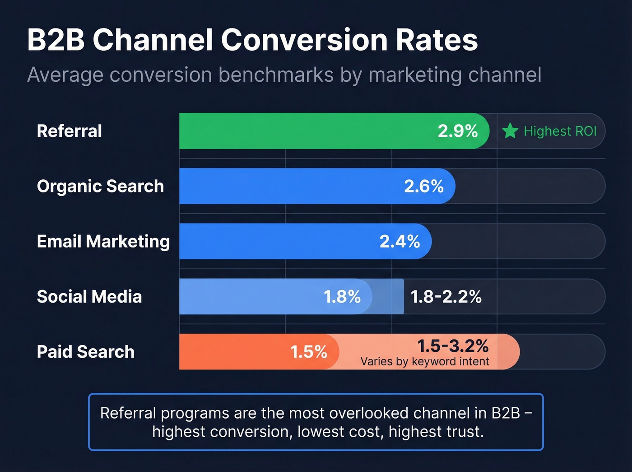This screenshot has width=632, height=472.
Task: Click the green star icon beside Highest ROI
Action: (510, 131)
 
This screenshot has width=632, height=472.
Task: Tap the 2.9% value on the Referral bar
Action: (457, 131)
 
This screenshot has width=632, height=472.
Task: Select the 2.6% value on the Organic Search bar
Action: (423, 186)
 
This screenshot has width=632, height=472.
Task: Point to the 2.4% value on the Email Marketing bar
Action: (400, 241)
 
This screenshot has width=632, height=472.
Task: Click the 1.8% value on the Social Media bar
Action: (342, 297)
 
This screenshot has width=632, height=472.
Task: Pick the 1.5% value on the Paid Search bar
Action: (309, 352)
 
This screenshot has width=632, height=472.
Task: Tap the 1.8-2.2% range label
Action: (446, 297)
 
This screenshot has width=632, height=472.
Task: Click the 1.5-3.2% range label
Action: (453, 346)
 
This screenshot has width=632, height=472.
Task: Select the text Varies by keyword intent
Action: (424, 361)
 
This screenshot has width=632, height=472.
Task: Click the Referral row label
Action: (70, 131)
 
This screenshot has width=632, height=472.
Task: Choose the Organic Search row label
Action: (100, 186)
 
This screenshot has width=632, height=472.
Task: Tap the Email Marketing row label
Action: (103, 242)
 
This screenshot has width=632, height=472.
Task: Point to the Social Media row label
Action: (89, 297)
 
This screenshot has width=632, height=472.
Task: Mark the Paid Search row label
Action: (86, 352)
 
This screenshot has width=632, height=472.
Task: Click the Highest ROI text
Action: (560, 131)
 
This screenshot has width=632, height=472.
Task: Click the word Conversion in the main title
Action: (304, 40)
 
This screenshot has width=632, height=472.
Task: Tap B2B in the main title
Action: (56, 40)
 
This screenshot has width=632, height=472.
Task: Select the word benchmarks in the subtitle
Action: (276, 75)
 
